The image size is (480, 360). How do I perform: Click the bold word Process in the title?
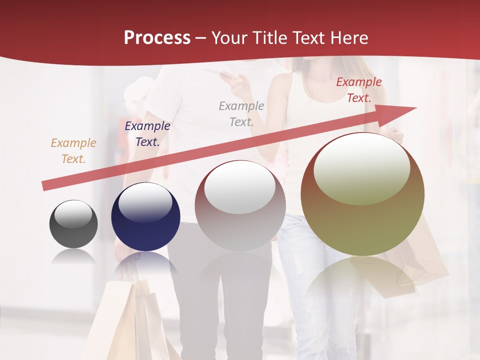157,38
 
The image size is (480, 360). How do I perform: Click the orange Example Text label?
73,150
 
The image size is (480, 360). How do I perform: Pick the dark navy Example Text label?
147,133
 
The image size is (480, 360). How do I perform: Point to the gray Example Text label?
241,113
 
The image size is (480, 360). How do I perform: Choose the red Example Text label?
359,90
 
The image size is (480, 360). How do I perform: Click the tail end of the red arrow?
44,186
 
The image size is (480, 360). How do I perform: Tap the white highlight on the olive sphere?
361,169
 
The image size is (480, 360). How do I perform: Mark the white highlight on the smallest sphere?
73,214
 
